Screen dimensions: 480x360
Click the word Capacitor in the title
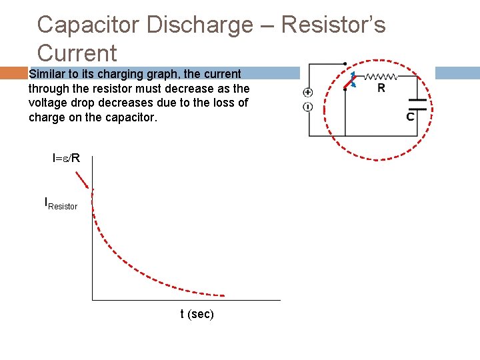point(88,25)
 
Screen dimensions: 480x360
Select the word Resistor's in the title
point(333,25)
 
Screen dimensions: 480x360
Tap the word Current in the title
point(77,53)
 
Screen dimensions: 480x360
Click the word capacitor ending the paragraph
point(129,117)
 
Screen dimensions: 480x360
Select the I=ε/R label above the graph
point(67,158)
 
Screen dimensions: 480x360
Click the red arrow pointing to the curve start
point(83,180)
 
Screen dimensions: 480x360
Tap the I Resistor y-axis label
point(61,203)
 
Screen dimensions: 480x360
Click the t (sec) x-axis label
point(197,314)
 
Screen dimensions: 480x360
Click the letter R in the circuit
point(381,88)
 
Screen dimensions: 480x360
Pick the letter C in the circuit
point(410,117)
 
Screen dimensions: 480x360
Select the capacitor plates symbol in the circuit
point(417,103)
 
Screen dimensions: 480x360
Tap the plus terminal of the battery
point(308,93)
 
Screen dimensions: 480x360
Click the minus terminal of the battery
point(308,107)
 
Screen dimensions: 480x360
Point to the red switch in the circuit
point(349,81)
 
